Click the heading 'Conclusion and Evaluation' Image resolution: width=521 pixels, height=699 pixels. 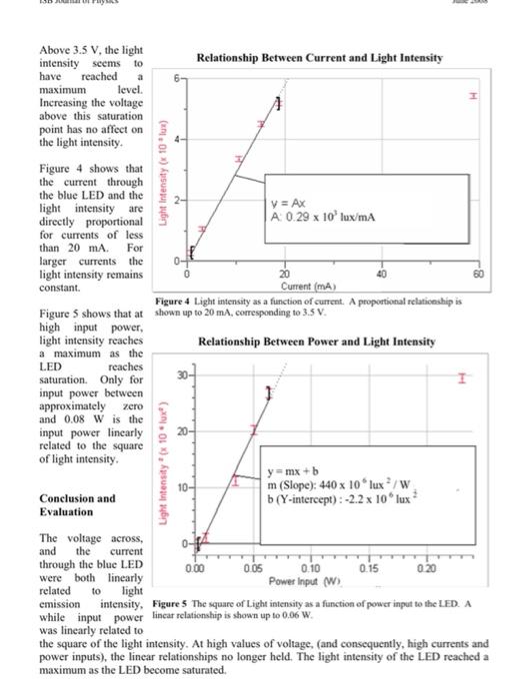[x=78, y=504]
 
